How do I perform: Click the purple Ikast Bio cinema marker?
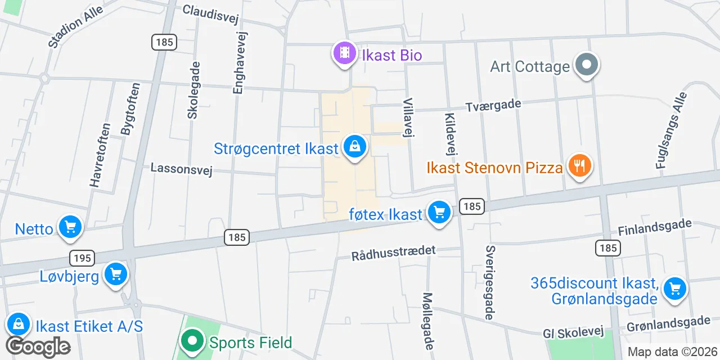pyautogui.click(x=344, y=54)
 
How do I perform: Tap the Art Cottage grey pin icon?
pyautogui.click(x=587, y=65)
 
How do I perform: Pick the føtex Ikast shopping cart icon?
pyautogui.click(x=439, y=213)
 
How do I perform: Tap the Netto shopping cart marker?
pyautogui.click(x=70, y=228)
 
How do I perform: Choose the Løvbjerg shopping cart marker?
pyautogui.click(x=116, y=274)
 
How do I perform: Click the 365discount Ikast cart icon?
pyautogui.click(x=674, y=289)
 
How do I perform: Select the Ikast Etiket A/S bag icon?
pyautogui.click(x=19, y=325)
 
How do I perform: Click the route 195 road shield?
pyautogui.click(x=82, y=258)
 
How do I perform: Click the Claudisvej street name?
pyautogui.click(x=211, y=13)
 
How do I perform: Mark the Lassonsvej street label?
pyautogui.click(x=181, y=169)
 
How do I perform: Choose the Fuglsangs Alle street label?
pyautogui.click(x=671, y=130)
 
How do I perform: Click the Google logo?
pyautogui.click(x=38, y=347)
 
